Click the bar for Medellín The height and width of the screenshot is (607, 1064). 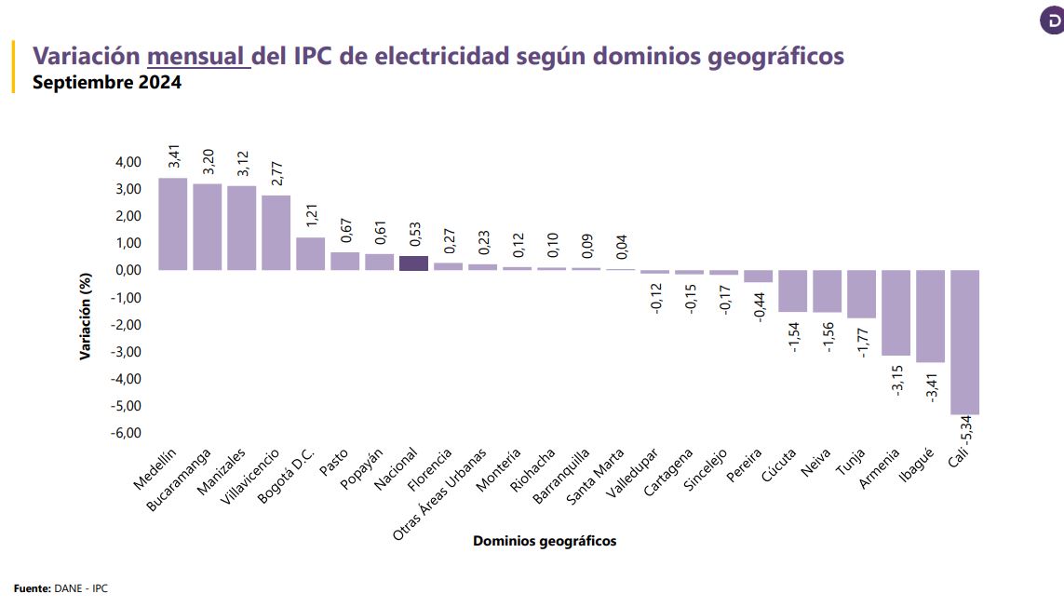172,223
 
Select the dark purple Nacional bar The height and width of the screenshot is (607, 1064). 413,263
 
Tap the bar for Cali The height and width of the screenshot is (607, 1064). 964,342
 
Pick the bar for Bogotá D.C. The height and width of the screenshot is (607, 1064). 310,253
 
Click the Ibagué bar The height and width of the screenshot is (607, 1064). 930,316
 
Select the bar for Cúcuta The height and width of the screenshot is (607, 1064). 792,290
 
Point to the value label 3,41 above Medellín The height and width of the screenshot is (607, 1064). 173,156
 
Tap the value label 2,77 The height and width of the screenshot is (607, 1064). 276,176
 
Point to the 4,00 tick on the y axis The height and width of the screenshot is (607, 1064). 128,162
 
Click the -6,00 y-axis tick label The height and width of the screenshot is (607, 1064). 126,433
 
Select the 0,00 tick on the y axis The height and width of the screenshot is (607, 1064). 128,270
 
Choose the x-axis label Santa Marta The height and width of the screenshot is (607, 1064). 595,476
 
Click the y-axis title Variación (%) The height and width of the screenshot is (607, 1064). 86,317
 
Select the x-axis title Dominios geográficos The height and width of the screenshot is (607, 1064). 545,541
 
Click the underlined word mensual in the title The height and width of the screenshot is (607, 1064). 199,57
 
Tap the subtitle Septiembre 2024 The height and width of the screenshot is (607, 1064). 107,82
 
